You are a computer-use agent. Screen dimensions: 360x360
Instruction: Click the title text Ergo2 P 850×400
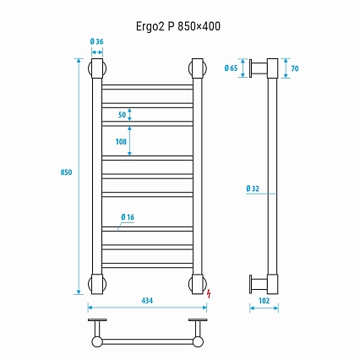click(x=178, y=26)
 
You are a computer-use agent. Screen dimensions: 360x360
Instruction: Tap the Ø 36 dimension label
click(x=96, y=41)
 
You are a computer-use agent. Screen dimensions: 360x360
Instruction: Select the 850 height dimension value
click(x=66, y=172)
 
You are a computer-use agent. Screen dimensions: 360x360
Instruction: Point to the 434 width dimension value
click(x=147, y=301)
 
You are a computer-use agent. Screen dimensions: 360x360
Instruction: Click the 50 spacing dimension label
click(x=122, y=115)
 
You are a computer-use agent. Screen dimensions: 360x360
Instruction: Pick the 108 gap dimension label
click(x=121, y=141)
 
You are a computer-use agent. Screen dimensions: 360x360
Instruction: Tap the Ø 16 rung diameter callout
click(x=128, y=217)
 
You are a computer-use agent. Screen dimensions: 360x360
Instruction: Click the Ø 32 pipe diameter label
click(x=253, y=188)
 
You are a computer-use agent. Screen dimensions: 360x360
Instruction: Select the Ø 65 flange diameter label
click(x=231, y=68)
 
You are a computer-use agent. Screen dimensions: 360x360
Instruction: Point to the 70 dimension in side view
click(x=295, y=68)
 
